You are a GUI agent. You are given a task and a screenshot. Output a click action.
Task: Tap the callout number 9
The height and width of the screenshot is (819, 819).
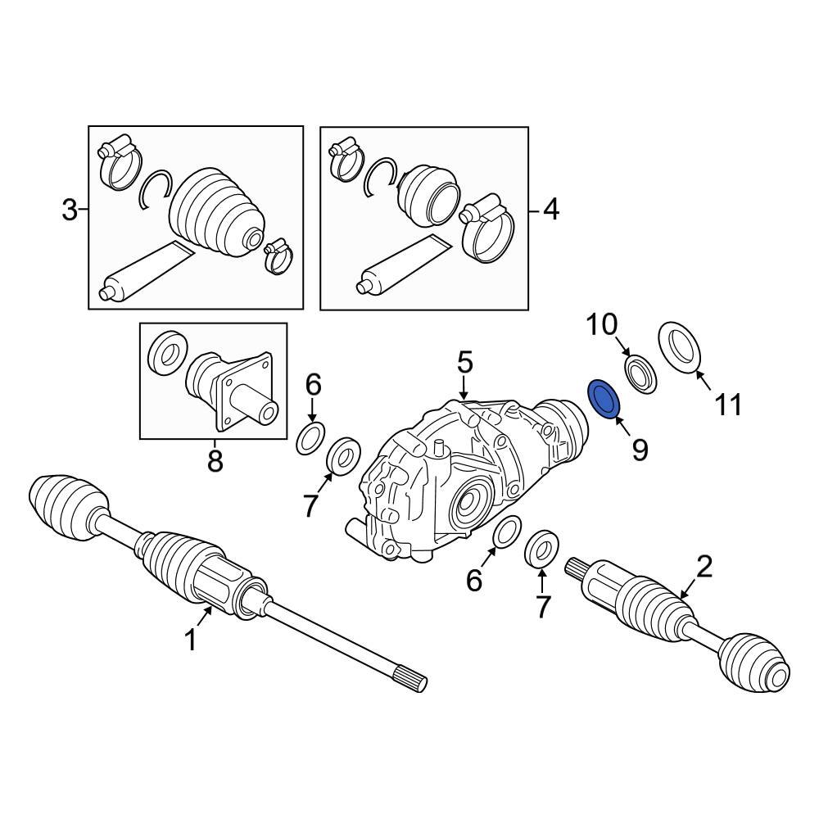[x=639, y=449]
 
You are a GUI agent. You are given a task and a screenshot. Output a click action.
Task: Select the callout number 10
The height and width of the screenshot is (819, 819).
[x=602, y=325]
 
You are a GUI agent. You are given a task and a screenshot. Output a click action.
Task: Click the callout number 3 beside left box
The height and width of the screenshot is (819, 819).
[x=70, y=211]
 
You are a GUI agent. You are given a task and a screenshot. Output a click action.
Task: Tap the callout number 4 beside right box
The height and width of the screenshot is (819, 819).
[x=550, y=211]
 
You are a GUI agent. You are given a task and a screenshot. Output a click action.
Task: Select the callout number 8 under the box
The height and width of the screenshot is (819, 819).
[x=215, y=462]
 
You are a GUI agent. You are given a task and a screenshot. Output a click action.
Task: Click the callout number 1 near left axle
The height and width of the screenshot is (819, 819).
[x=190, y=640]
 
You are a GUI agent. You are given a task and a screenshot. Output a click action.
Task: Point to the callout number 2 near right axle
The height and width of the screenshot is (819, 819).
[x=704, y=565]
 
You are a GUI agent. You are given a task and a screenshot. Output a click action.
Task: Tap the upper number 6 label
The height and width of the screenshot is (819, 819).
[x=314, y=384]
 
